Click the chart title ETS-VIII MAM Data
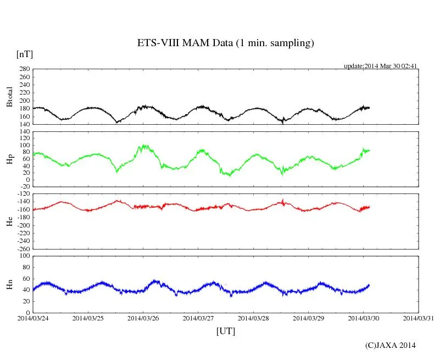pos(225,43)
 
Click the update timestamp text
pos(381,66)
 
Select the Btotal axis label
pos(9,96)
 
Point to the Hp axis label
pos(9,160)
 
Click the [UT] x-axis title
pos(226,331)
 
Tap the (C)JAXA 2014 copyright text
pos(391,345)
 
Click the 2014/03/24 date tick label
pos(33,318)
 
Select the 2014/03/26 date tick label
pos(143,318)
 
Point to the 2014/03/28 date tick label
pos(253,318)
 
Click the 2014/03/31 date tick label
pos(419,318)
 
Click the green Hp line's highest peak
pos(144,146)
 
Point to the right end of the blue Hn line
pos(369,285)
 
